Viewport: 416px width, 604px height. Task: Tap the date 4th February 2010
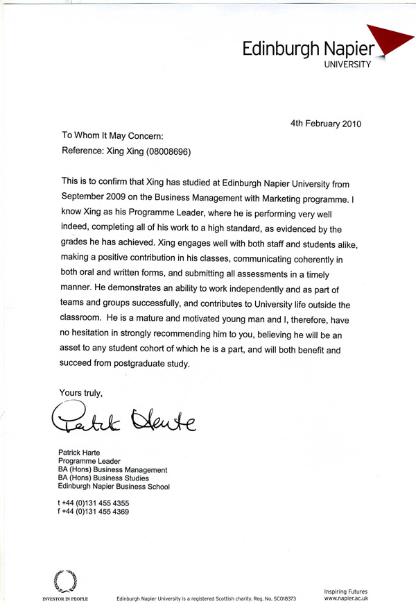(x=325, y=124)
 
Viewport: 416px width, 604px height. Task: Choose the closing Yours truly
(x=80, y=393)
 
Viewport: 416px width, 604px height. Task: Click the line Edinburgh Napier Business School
(x=114, y=487)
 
